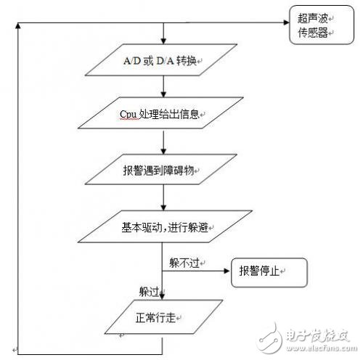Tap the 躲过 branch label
pyautogui.click(x=149, y=291)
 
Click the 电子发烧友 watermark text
pyautogui.click(x=305, y=335)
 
